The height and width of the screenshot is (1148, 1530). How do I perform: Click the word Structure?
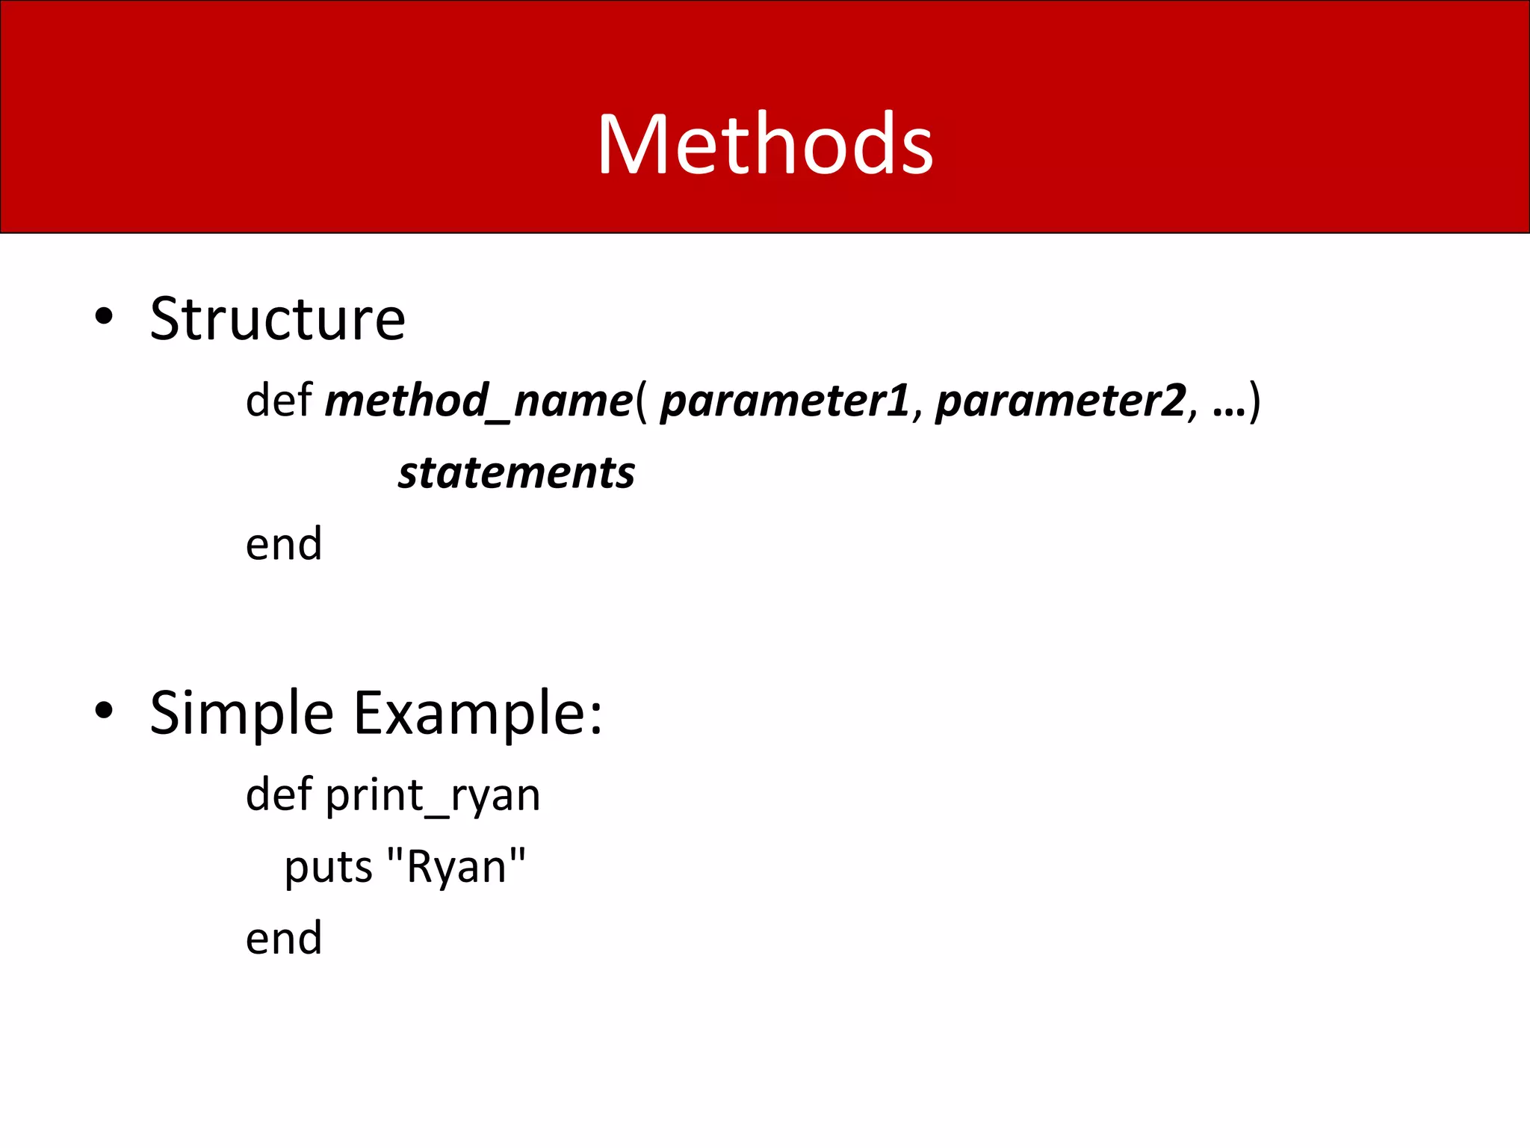277,319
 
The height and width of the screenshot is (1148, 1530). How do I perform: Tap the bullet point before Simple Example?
104,711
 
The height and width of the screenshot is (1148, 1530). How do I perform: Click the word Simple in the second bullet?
241,714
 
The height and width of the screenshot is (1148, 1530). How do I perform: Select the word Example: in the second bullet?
477,714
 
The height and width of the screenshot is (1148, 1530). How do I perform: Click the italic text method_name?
478,401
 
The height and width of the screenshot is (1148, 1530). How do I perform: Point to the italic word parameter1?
784,401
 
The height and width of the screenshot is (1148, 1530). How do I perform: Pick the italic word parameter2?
1060,401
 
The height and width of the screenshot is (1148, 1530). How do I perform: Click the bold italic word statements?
516,473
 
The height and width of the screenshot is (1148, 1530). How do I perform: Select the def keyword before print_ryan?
278,794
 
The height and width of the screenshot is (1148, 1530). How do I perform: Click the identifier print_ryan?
433,795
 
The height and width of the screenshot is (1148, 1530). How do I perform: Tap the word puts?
328,868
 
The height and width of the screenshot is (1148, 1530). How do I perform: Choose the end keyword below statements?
284,544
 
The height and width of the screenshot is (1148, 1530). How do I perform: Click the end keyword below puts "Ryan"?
284,938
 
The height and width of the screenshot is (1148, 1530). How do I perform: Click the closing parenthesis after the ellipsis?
1255,401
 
